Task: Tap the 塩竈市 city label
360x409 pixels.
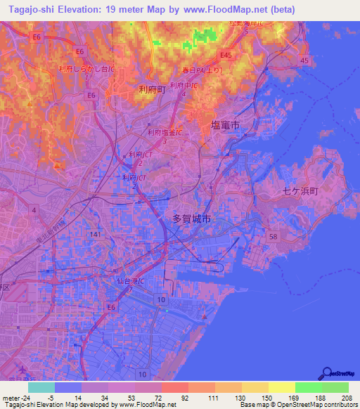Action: pyautogui.click(x=225, y=124)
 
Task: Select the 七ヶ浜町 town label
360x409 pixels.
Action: pyautogui.click(x=300, y=190)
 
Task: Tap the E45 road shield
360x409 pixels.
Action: pyautogui.click(x=226, y=54)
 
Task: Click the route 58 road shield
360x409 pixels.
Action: pyautogui.click(x=273, y=238)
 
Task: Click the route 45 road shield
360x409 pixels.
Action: pyautogui.click(x=304, y=61)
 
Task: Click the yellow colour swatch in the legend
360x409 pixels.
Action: pyautogui.click(x=281, y=387)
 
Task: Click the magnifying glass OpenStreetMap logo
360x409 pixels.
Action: pyautogui.click(x=326, y=372)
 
